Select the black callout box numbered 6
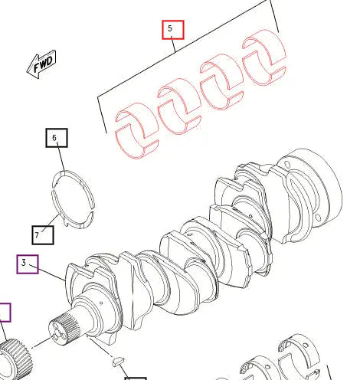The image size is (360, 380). (55, 139)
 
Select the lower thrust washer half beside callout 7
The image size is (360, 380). (74, 214)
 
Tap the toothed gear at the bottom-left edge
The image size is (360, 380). (14, 358)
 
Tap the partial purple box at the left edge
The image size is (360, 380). (5, 312)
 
